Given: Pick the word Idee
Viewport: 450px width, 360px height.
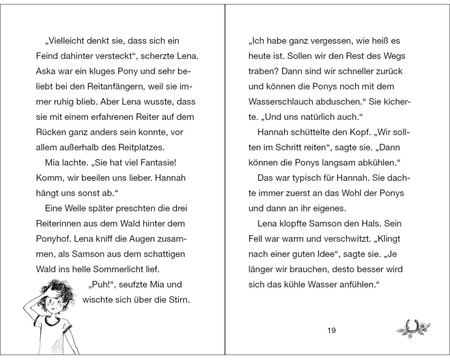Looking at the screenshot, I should [x=325, y=254].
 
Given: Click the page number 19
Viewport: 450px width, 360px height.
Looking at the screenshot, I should [x=332, y=331].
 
